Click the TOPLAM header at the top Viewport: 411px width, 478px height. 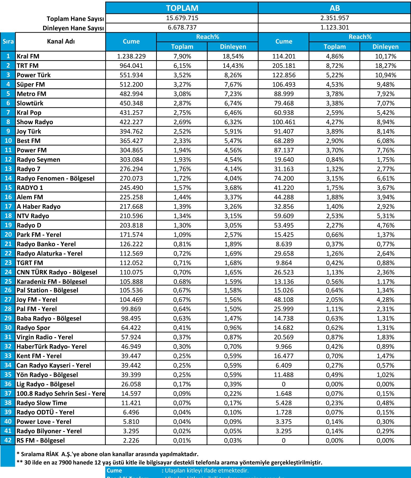182,8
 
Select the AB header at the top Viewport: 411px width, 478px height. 335,8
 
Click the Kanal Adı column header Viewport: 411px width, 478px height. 61,41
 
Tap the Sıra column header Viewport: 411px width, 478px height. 8,41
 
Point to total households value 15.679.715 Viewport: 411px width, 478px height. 182,18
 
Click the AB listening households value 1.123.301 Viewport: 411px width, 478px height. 335,27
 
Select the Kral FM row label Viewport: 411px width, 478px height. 28,56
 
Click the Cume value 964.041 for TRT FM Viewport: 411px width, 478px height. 131,66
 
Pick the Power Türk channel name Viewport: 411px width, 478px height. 34,75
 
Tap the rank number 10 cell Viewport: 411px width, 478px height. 8,141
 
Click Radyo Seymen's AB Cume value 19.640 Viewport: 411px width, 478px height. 284,160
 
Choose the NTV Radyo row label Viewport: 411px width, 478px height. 33,216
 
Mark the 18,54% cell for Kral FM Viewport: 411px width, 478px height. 233,56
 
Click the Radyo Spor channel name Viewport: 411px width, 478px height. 33,328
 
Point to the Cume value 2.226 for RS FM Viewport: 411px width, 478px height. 131,440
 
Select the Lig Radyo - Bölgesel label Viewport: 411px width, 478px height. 46,384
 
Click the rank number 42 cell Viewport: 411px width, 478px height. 8,440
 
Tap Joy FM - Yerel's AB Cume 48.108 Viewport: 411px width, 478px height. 284,299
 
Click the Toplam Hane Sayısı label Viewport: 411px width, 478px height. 75,19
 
